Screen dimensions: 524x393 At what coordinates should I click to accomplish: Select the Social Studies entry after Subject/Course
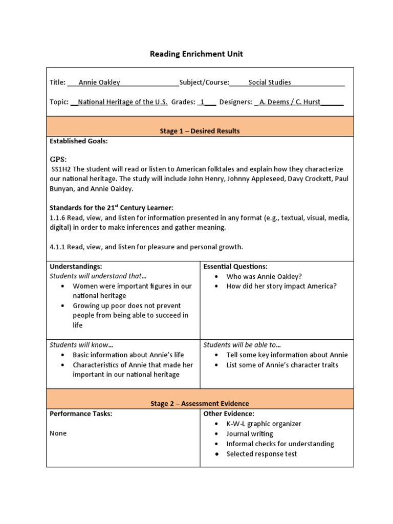(270, 82)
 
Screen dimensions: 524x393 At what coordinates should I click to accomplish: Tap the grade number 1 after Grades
(203, 102)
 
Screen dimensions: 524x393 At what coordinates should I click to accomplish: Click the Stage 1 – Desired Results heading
(200, 131)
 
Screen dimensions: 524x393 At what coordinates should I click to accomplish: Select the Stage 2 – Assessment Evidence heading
(200, 404)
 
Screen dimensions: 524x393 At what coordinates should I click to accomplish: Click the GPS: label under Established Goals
(58, 160)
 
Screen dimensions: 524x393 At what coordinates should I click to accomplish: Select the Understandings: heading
(76, 267)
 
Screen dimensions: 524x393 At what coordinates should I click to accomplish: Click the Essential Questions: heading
(235, 267)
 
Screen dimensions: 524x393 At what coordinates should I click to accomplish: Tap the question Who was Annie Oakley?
(264, 276)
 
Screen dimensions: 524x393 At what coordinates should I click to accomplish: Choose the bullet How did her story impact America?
(281, 286)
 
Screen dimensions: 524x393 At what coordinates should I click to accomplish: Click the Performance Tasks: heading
(80, 413)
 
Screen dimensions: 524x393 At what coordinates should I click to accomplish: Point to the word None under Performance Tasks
(58, 433)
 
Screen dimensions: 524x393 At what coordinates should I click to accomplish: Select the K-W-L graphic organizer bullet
(264, 424)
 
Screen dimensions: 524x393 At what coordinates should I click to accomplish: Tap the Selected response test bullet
(261, 454)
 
